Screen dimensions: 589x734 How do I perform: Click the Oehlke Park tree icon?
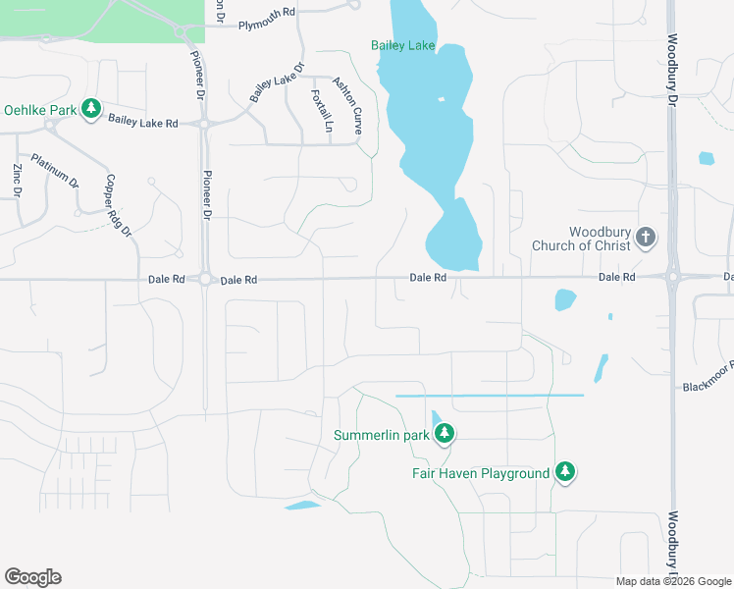[91, 108]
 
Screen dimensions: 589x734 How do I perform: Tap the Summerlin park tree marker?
[445, 433]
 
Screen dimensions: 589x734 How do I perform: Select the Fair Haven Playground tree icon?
[564, 472]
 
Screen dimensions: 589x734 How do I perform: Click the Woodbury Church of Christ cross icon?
[646, 236]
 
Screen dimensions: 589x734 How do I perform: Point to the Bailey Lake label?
[402, 45]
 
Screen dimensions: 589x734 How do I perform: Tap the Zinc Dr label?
[17, 180]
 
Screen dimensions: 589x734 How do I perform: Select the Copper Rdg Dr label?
[119, 206]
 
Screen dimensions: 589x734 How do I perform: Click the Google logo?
[32, 577]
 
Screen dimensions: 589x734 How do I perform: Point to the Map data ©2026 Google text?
[672, 581]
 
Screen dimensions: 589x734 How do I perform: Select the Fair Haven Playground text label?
[480, 473]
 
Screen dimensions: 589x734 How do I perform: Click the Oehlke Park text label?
[40, 110]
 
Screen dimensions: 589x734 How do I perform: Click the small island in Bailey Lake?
[441, 100]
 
